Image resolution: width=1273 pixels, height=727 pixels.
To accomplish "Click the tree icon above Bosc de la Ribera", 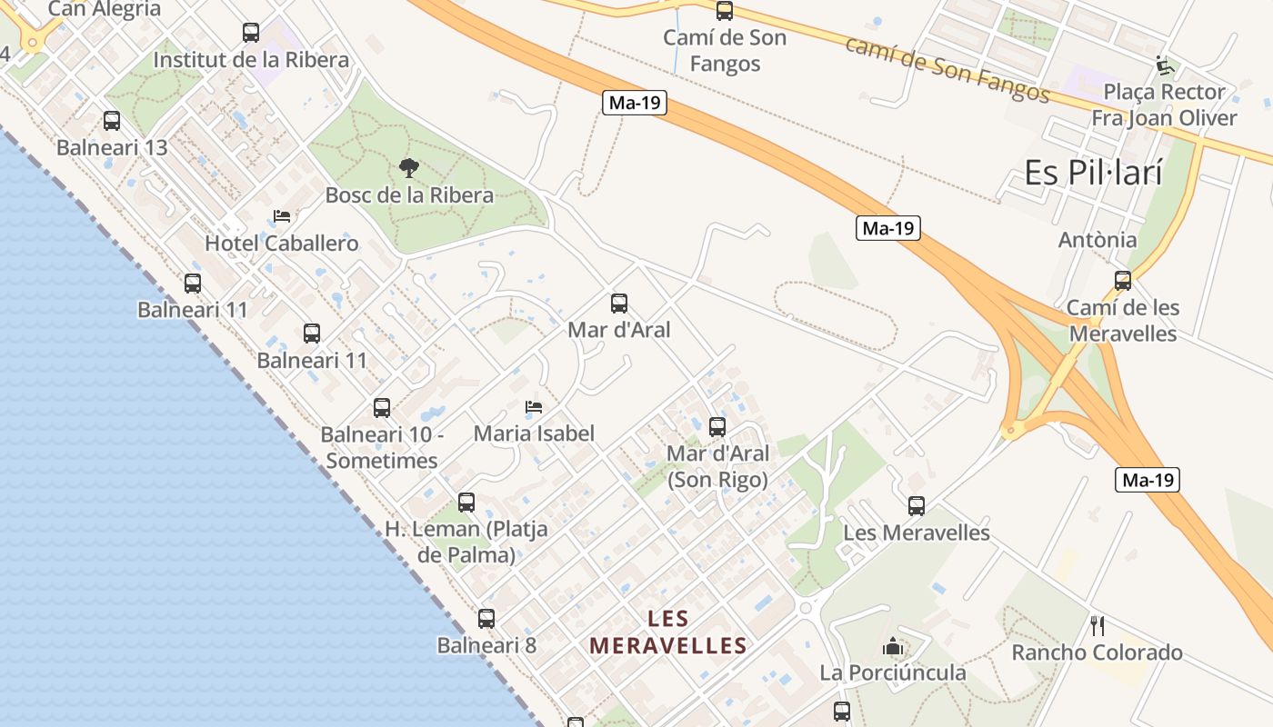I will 409,167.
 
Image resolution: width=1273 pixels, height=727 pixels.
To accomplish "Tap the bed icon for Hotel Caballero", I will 282,216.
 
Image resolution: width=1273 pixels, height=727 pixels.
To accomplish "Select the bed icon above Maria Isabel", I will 534,406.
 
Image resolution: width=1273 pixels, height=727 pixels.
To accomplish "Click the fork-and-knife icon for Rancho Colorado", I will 1098,625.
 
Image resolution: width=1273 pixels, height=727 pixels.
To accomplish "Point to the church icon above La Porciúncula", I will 893,646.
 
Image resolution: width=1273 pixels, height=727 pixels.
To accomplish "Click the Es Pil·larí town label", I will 1093,172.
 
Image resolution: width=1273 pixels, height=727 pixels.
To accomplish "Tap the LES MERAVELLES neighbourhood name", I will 668,632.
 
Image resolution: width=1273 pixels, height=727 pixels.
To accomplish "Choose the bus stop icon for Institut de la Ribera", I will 251,33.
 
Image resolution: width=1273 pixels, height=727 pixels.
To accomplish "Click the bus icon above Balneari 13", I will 112,120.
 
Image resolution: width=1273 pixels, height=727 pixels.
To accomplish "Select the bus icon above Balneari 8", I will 486,619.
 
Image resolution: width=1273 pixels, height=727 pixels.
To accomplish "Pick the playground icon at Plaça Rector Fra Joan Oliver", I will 1165,65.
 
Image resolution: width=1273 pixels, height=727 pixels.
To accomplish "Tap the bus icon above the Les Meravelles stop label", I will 917,505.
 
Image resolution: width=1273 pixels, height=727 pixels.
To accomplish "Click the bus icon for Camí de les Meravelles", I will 1123,281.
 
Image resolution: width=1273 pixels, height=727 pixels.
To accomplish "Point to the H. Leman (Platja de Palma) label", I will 466,542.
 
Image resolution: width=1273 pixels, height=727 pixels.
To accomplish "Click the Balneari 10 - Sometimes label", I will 382,447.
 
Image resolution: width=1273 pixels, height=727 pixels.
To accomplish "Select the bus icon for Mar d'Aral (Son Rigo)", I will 717,426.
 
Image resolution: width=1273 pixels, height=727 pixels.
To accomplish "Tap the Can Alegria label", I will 105,9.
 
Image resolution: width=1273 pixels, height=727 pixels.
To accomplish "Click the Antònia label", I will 1098,240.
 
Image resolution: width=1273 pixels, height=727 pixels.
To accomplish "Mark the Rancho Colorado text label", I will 1098,652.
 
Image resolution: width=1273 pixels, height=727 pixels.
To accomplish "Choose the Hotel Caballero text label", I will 282,244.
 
